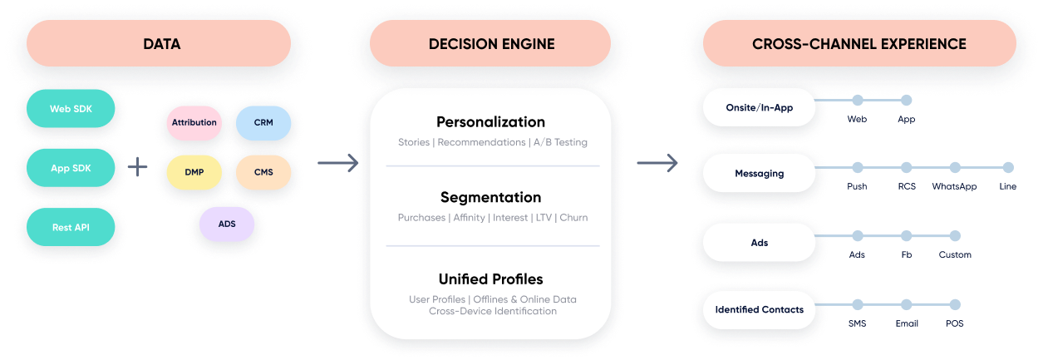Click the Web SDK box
click(x=71, y=108)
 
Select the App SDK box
click(x=71, y=168)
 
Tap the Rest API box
click(x=71, y=226)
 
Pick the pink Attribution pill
click(x=194, y=122)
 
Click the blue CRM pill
click(x=263, y=122)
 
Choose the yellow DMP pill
click(x=194, y=172)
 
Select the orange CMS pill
click(x=263, y=172)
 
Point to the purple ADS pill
click(x=227, y=224)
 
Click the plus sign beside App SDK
click(x=137, y=168)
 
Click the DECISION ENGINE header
click(x=491, y=43)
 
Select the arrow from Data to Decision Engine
click(x=337, y=164)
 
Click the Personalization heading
click(x=490, y=122)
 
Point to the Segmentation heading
click(x=490, y=197)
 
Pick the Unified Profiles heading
click(x=490, y=279)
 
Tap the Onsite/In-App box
click(x=759, y=107)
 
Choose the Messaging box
click(x=759, y=174)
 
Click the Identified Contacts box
click(x=759, y=309)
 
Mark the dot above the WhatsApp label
click(x=955, y=167)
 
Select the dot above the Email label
click(x=906, y=304)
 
